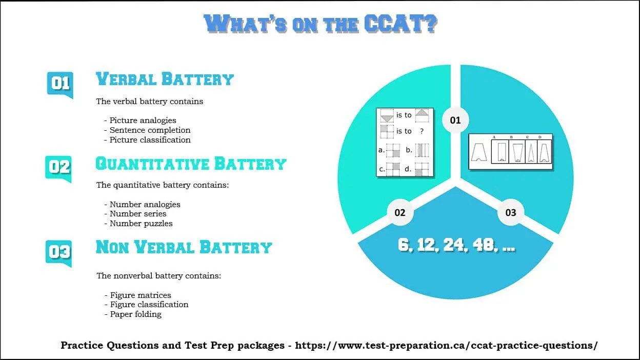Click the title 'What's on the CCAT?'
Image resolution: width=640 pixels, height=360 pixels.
(320, 24)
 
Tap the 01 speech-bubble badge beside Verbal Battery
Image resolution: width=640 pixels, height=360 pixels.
(60, 84)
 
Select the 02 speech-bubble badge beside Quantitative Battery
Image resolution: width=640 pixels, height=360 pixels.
(59, 168)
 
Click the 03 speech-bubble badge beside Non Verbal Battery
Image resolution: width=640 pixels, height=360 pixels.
(59, 252)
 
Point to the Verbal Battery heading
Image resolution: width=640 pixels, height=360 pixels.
(165, 79)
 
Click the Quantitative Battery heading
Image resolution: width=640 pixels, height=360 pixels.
(191, 164)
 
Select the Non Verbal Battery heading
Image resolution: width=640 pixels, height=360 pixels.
(184, 247)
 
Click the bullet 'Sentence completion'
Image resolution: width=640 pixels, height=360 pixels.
(150, 130)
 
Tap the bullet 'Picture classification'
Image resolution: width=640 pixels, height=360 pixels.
(150, 140)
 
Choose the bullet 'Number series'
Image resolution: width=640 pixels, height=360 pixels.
(138, 214)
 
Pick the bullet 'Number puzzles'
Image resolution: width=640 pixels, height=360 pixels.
(141, 224)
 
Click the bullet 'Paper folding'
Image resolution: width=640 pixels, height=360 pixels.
(135, 314)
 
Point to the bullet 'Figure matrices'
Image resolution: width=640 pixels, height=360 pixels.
(141, 295)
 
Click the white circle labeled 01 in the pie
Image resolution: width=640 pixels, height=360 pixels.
(455, 121)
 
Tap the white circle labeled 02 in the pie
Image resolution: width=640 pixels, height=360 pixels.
(400, 212)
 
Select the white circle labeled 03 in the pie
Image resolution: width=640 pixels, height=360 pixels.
(511, 212)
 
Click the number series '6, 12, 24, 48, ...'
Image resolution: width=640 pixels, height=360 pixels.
(456, 246)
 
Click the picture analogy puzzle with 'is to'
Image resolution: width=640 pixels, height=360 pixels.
(405, 142)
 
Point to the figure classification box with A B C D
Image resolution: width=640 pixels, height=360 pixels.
(511, 152)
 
